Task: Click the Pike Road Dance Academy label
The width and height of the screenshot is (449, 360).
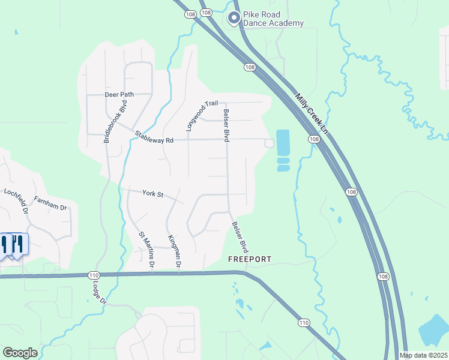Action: pyautogui.click(x=273, y=19)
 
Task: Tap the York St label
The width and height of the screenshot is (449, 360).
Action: pyautogui.click(x=153, y=193)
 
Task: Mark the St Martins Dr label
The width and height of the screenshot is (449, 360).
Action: pyautogui.click(x=147, y=250)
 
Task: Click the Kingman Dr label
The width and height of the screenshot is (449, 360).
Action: pyautogui.click(x=175, y=251)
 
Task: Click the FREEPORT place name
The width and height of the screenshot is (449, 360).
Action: pyautogui.click(x=250, y=259)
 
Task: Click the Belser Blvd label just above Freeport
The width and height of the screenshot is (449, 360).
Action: pyautogui.click(x=240, y=236)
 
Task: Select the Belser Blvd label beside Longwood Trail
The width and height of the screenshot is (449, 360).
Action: pyautogui.click(x=227, y=125)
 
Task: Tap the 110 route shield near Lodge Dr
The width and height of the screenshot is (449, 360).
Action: pyautogui.click(x=93, y=275)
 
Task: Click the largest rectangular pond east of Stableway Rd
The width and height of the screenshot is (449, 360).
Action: pyautogui.click(x=282, y=142)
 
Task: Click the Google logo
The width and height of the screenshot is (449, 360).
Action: pyautogui.click(x=20, y=353)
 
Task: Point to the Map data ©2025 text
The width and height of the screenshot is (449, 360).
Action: pyautogui.click(x=423, y=355)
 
